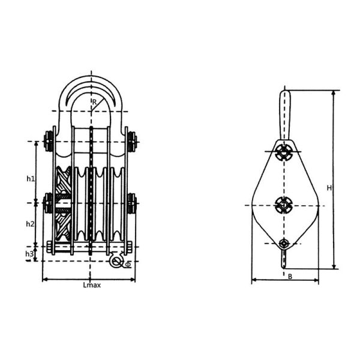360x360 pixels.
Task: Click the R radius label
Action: [94, 102]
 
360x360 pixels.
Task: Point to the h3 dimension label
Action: [29, 254]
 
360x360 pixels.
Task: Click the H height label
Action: [329, 188]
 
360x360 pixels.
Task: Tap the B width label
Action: [289, 277]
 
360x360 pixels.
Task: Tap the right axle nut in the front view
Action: [133, 203]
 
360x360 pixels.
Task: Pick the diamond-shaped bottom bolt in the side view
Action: [284, 243]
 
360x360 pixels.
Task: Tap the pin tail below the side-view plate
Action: [284, 260]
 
